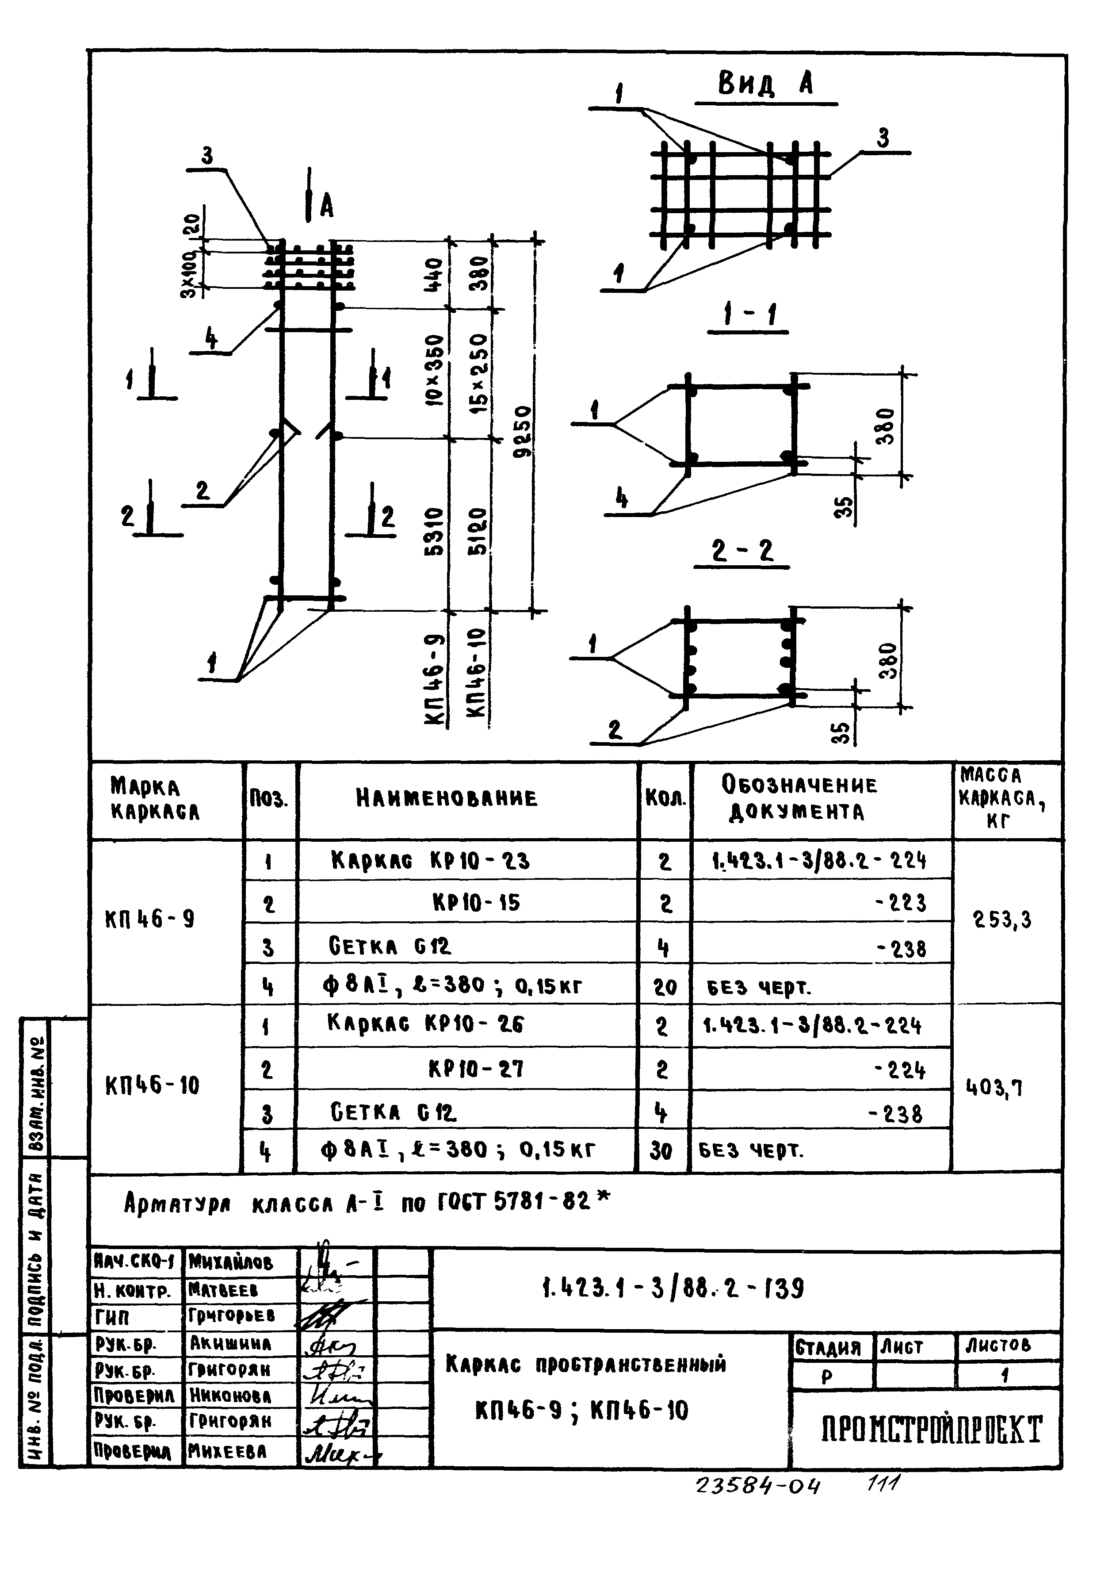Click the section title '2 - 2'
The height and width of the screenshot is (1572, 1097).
tap(742, 551)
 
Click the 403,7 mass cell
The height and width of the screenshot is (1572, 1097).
tap(994, 1087)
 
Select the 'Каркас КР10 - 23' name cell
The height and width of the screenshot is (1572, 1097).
tap(430, 861)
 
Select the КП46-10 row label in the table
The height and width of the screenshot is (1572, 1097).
tap(153, 1086)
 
